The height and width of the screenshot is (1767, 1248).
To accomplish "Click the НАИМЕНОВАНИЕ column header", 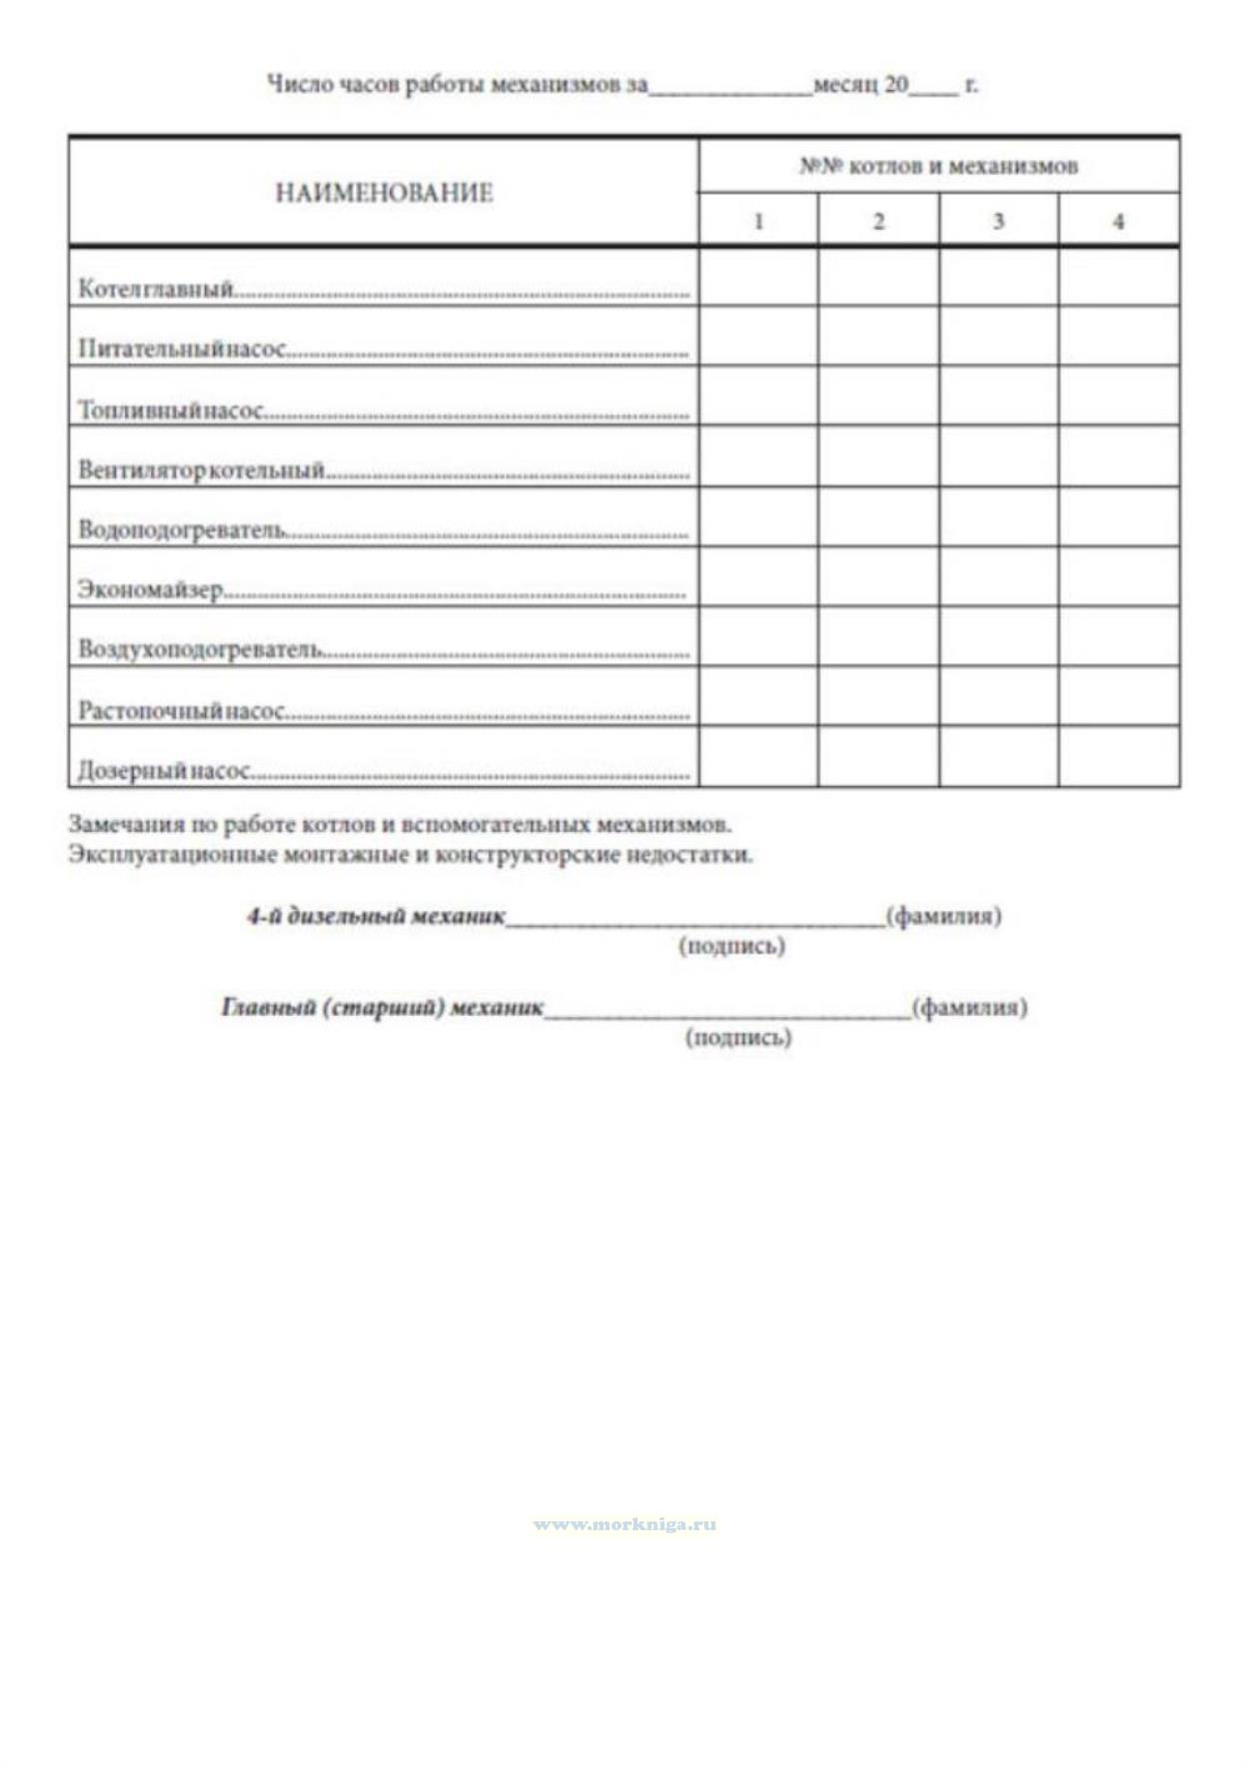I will click(384, 193).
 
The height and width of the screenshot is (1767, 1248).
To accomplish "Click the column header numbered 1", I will click(758, 222).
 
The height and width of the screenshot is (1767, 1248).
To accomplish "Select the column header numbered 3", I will click(998, 222).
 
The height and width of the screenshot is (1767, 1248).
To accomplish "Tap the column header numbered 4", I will click(1118, 222).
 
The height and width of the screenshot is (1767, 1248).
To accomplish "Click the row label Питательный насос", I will click(182, 350).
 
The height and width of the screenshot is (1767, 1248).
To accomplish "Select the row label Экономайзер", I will click(151, 589).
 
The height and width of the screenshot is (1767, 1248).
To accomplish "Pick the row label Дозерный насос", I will click(164, 771).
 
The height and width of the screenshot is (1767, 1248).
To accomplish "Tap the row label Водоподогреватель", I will click(183, 529).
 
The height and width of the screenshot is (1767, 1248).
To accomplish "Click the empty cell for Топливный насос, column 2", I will click(878, 397).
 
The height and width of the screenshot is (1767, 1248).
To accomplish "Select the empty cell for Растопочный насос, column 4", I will click(1119, 696).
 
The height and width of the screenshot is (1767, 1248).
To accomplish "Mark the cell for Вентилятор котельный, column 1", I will click(758, 456).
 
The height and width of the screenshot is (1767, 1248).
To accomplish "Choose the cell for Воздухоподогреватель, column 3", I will click(998, 636).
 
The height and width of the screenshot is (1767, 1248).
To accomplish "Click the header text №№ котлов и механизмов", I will click(938, 166).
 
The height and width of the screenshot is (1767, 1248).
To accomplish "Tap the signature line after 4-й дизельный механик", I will click(694, 919).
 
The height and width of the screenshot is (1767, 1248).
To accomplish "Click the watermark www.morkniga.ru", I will click(624, 1524).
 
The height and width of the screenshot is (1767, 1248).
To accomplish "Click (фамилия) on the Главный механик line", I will click(968, 1007).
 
